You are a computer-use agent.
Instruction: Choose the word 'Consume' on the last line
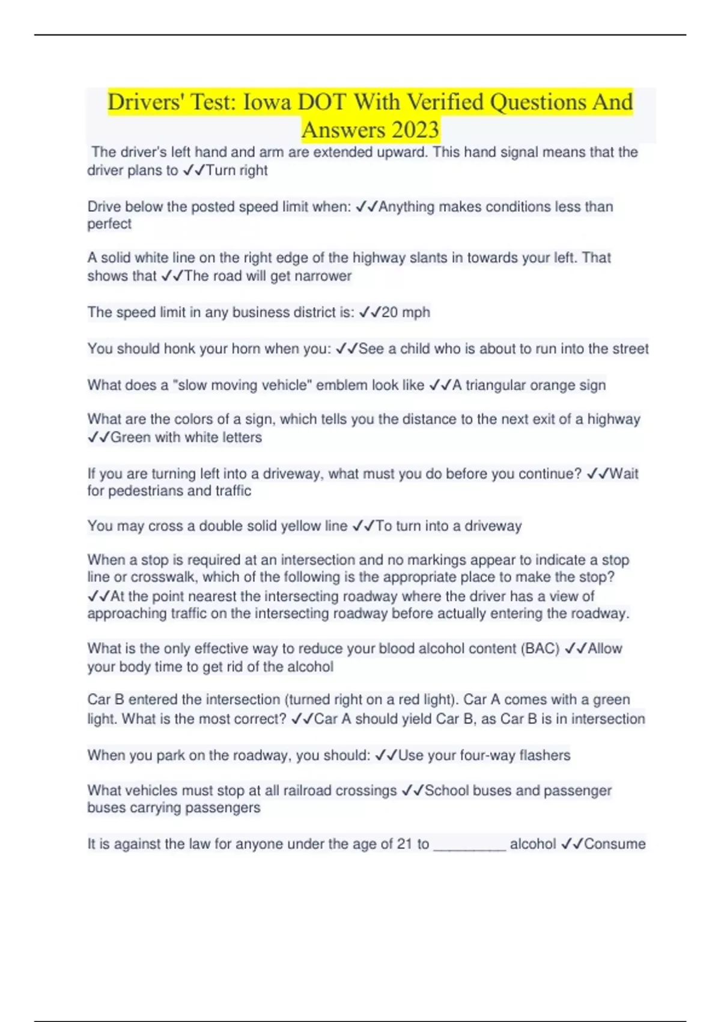coord(615,844)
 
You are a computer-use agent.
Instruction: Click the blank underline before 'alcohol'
coord(469,845)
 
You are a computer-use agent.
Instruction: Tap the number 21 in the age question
coord(404,844)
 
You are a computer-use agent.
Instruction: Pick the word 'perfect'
coord(109,224)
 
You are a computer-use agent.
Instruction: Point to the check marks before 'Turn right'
coord(194,171)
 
